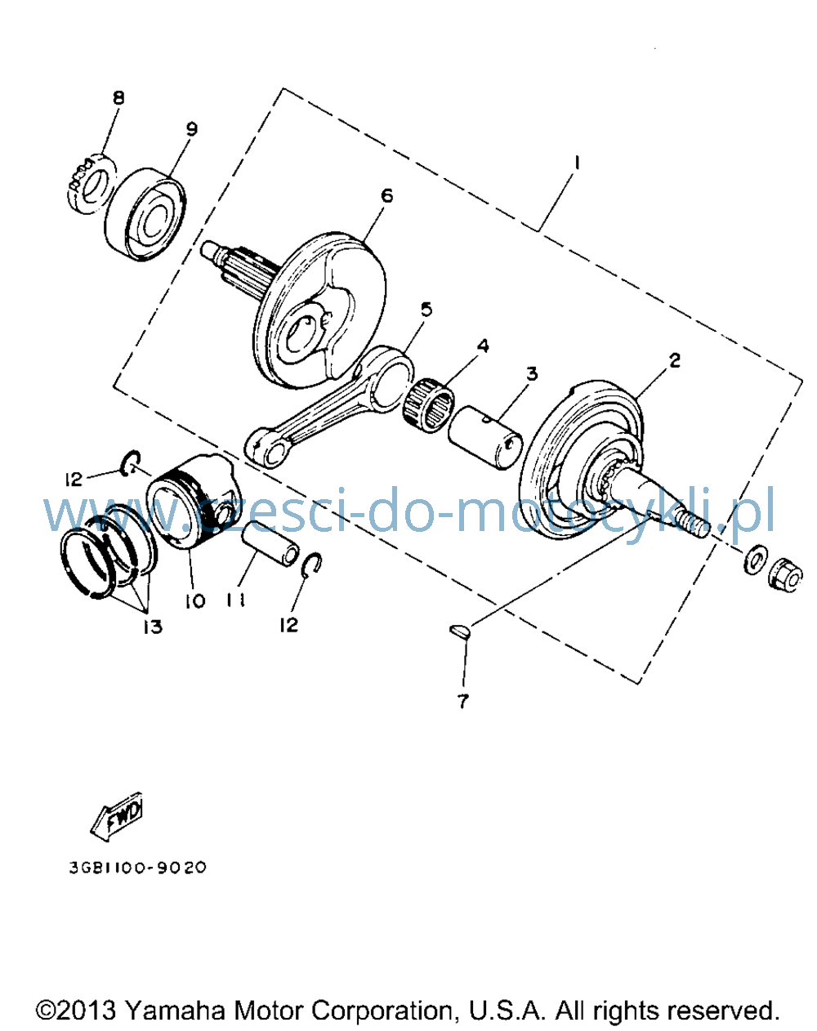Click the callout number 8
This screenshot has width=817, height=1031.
[x=118, y=98]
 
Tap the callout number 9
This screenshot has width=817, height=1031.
[x=191, y=129]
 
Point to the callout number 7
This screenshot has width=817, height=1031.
[x=462, y=702]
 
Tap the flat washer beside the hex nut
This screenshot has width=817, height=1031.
[x=757, y=559]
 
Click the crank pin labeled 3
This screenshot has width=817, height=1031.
[x=485, y=437]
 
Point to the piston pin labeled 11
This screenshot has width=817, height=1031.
[x=271, y=544]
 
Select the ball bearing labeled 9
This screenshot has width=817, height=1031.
[x=145, y=214]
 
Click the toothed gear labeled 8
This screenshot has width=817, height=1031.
[x=92, y=184]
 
